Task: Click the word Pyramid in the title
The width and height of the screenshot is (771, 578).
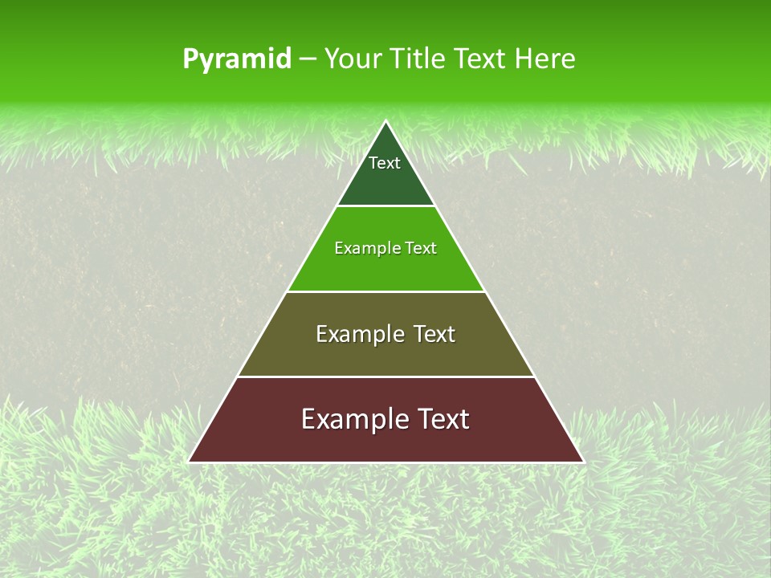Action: tap(236, 59)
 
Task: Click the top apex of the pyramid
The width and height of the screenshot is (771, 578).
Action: tap(386, 122)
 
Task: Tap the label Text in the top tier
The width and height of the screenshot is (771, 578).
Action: tap(385, 163)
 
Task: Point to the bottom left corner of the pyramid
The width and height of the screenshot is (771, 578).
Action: tap(190, 462)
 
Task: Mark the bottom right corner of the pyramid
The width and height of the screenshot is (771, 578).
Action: tap(582, 462)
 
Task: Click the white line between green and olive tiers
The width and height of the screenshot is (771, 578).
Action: tap(385, 291)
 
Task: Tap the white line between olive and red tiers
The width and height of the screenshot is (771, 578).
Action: tap(385, 377)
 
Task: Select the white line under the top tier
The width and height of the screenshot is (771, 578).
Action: tap(385, 206)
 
